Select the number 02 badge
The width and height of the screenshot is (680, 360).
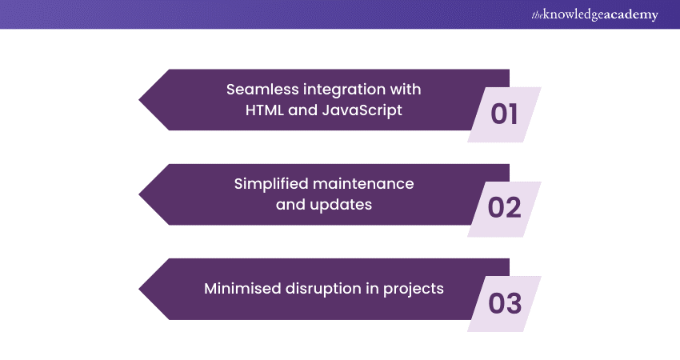point(505,208)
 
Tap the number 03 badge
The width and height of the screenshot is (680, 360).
point(505,303)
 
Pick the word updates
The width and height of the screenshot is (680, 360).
point(345,204)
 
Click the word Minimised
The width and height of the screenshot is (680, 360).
point(242,289)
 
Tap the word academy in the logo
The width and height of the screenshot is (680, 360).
point(632,14)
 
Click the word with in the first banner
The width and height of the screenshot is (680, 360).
point(405,89)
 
